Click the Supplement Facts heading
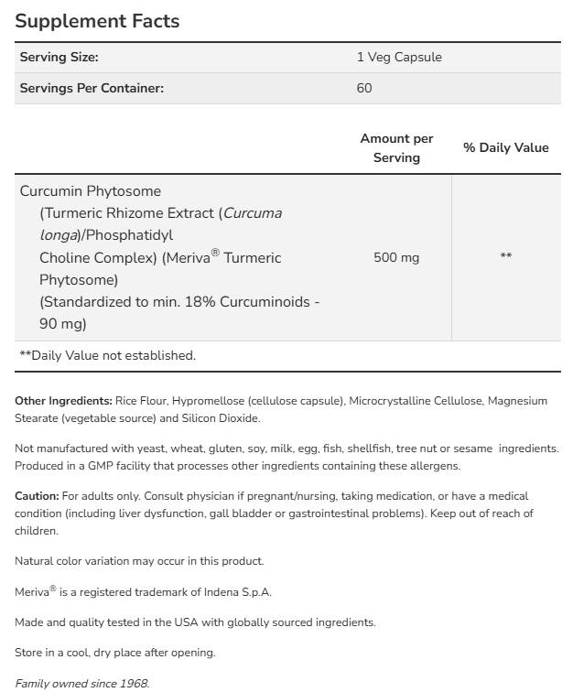pyautogui.click(x=97, y=20)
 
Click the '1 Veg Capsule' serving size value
pyautogui.click(x=398, y=57)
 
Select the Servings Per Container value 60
pyautogui.click(x=364, y=88)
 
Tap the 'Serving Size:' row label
pyautogui.click(x=59, y=57)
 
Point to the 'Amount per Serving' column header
pyautogui.click(x=396, y=147)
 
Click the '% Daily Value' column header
pyautogui.click(x=505, y=147)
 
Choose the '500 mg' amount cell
pyautogui.click(x=396, y=257)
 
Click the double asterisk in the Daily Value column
pyautogui.click(x=505, y=257)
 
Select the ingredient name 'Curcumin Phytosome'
pyautogui.click(x=91, y=191)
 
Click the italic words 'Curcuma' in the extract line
pyautogui.click(x=253, y=213)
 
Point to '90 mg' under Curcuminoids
pyautogui.click(x=63, y=324)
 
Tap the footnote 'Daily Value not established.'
pyautogui.click(x=113, y=355)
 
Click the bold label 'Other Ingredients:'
pyautogui.click(x=63, y=401)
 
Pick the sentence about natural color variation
pyautogui.click(x=139, y=561)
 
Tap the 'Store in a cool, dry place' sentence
pyautogui.click(x=114, y=653)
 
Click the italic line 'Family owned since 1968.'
pyautogui.click(x=81, y=684)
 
